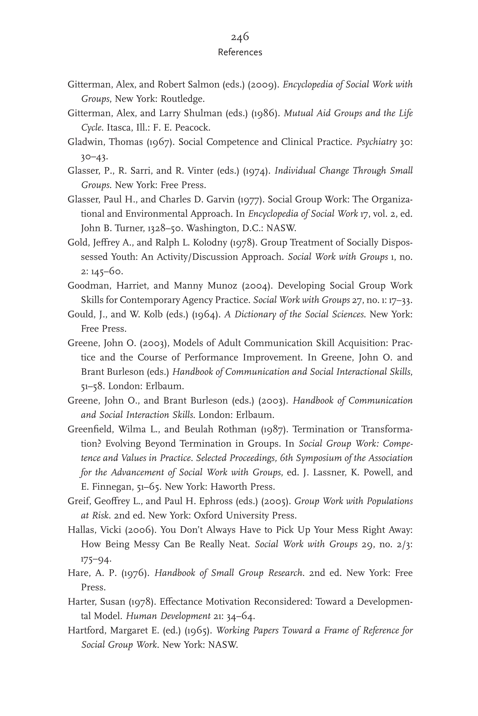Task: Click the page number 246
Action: click(240, 37)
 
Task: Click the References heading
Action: click(240, 52)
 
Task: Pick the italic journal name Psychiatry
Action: click(376, 142)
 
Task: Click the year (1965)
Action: click(198, 630)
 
